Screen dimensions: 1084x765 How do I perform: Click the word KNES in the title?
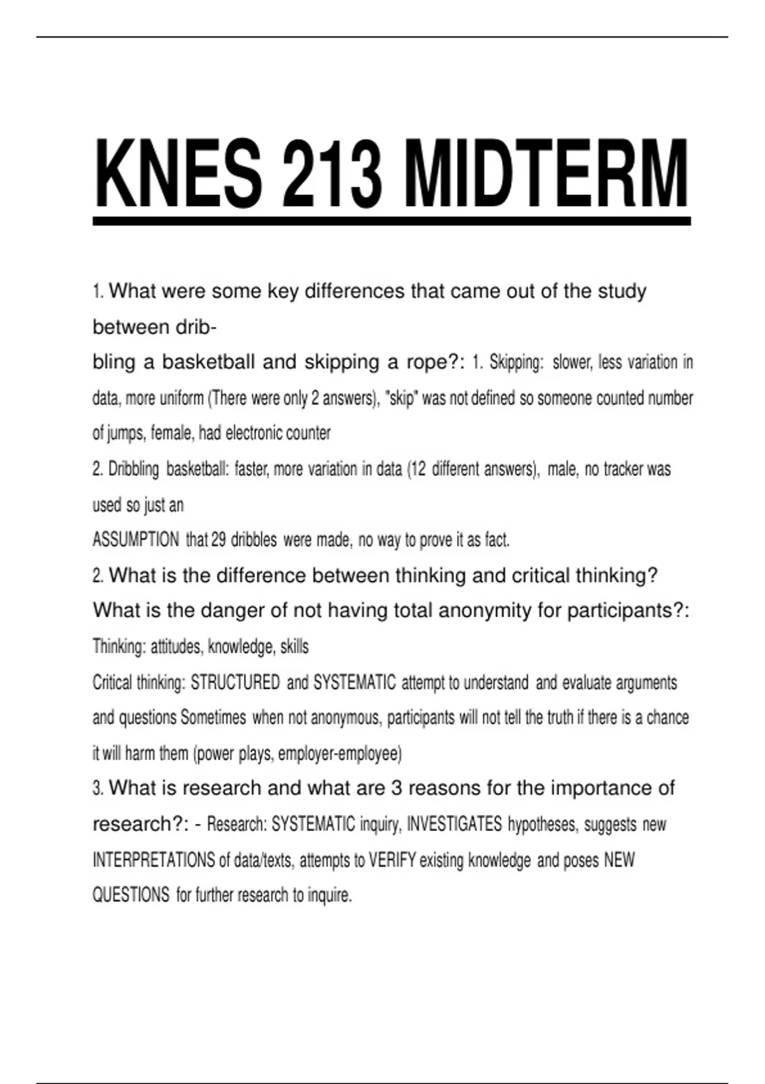[178, 173]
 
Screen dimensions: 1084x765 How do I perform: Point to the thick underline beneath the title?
[391, 221]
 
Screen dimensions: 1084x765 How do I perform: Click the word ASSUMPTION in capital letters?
[136, 540]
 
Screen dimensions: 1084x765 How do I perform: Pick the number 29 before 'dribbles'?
[219, 540]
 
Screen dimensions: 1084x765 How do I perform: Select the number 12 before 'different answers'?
[418, 469]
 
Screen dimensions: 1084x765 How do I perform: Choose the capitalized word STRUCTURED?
[235, 683]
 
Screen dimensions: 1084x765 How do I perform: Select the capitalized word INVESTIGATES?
[454, 824]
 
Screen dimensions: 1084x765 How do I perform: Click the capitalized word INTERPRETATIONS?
[154, 860]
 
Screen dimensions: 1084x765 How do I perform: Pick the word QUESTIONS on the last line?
[131, 895]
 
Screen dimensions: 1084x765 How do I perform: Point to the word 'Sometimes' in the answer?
[213, 718]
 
